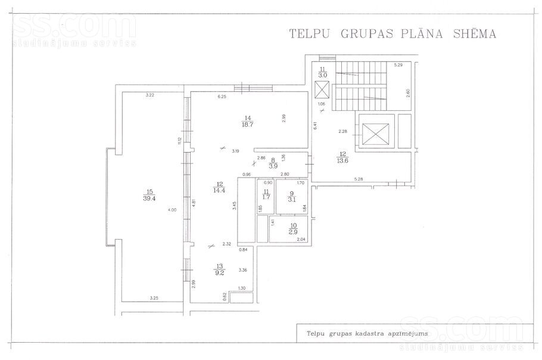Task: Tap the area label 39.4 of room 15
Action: coord(148,199)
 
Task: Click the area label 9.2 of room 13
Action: coord(219,273)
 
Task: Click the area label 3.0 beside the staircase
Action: coord(323,76)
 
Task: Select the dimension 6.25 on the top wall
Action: coord(223,97)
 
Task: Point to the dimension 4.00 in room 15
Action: coord(172,210)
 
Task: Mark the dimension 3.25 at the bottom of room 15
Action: coord(154,298)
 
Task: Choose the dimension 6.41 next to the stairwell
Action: coord(315,126)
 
